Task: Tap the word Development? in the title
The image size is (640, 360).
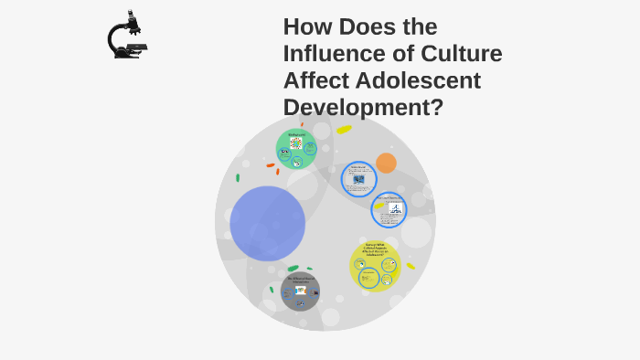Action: (x=363, y=107)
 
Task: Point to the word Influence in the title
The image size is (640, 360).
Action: (x=336, y=54)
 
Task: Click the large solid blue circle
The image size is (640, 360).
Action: (x=267, y=224)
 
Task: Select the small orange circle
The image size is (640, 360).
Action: (x=386, y=163)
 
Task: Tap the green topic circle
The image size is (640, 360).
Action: (x=296, y=149)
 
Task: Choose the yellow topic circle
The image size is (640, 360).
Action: (x=376, y=266)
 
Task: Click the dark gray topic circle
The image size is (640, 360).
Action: (x=300, y=291)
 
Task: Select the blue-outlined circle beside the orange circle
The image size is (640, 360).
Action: (x=359, y=179)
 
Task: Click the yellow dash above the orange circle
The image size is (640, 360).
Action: (x=344, y=130)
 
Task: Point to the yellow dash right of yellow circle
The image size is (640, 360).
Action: (x=411, y=266)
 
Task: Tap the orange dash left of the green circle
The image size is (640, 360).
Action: (x=271, y=165)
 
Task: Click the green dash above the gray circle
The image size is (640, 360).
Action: (x=293, y=268)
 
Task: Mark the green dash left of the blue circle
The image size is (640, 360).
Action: (x=238, y=178)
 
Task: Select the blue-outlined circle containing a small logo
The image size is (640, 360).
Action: (x=389, y=210)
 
